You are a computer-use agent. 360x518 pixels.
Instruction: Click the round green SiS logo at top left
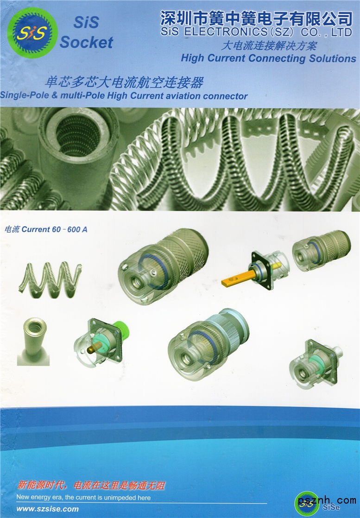(x=33, y=33)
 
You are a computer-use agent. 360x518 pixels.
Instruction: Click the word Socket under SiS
(x=87, y=43)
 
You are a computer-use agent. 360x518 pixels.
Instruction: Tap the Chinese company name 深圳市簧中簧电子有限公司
(x=257, y=18)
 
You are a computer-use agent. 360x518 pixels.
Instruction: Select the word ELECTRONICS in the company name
(x=226, y=32)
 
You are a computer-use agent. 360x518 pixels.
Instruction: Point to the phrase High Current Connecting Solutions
(x=269, y=58)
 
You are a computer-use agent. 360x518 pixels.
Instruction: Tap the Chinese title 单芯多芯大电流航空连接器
(x=124, y=82)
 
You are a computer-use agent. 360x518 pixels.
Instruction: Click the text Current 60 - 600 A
(x=55, y=229)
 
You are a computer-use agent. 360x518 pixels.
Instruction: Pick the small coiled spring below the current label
(x=50, y=279)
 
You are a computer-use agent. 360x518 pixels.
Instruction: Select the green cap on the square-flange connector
(x=120, y=331)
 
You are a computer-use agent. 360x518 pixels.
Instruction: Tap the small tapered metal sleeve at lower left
(x=33, y=341)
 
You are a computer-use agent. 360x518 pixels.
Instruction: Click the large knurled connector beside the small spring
(x=163, y=265)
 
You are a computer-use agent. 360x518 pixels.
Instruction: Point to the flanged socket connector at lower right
(x=316, y=363)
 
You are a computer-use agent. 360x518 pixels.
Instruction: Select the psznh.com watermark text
(x=327, y=500)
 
